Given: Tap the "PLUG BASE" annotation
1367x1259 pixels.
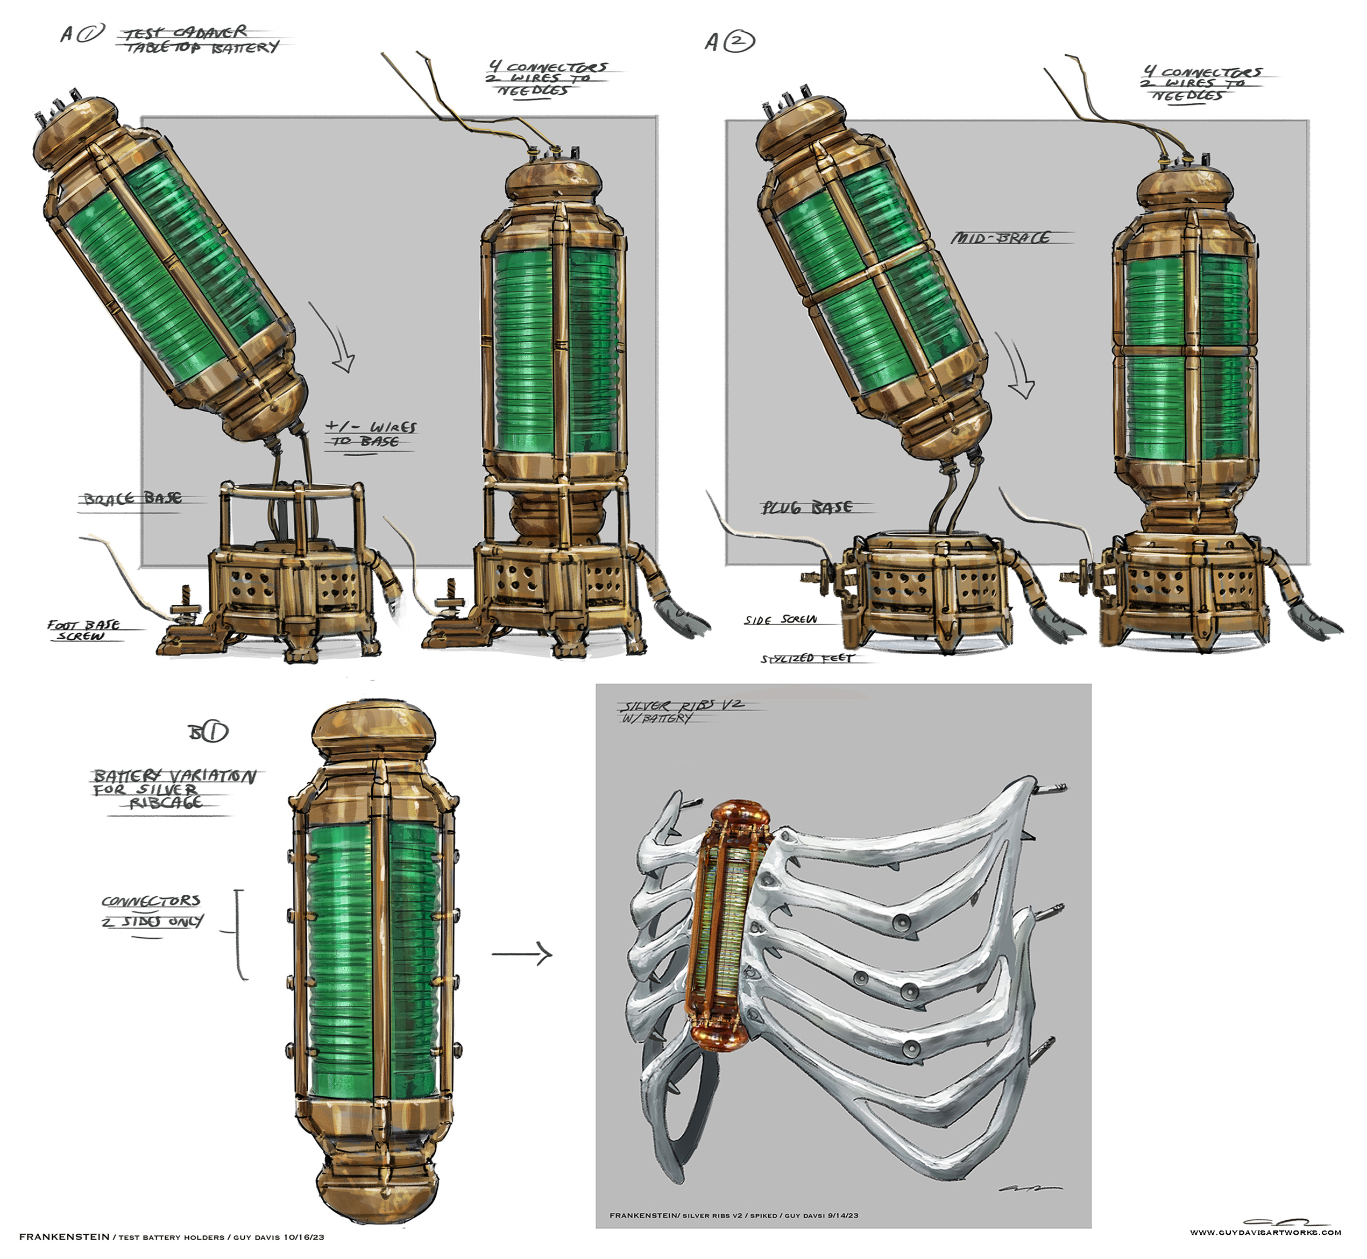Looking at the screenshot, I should click(x=806, y=507).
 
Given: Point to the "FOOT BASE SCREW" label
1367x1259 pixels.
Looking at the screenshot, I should click(x=83, y=629).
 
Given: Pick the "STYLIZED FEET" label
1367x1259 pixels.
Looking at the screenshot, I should click(x=806, y=658).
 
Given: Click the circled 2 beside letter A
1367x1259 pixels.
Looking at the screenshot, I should click(x=739, y=43).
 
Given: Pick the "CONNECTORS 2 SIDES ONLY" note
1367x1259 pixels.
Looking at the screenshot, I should click(x=152, y=911).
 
